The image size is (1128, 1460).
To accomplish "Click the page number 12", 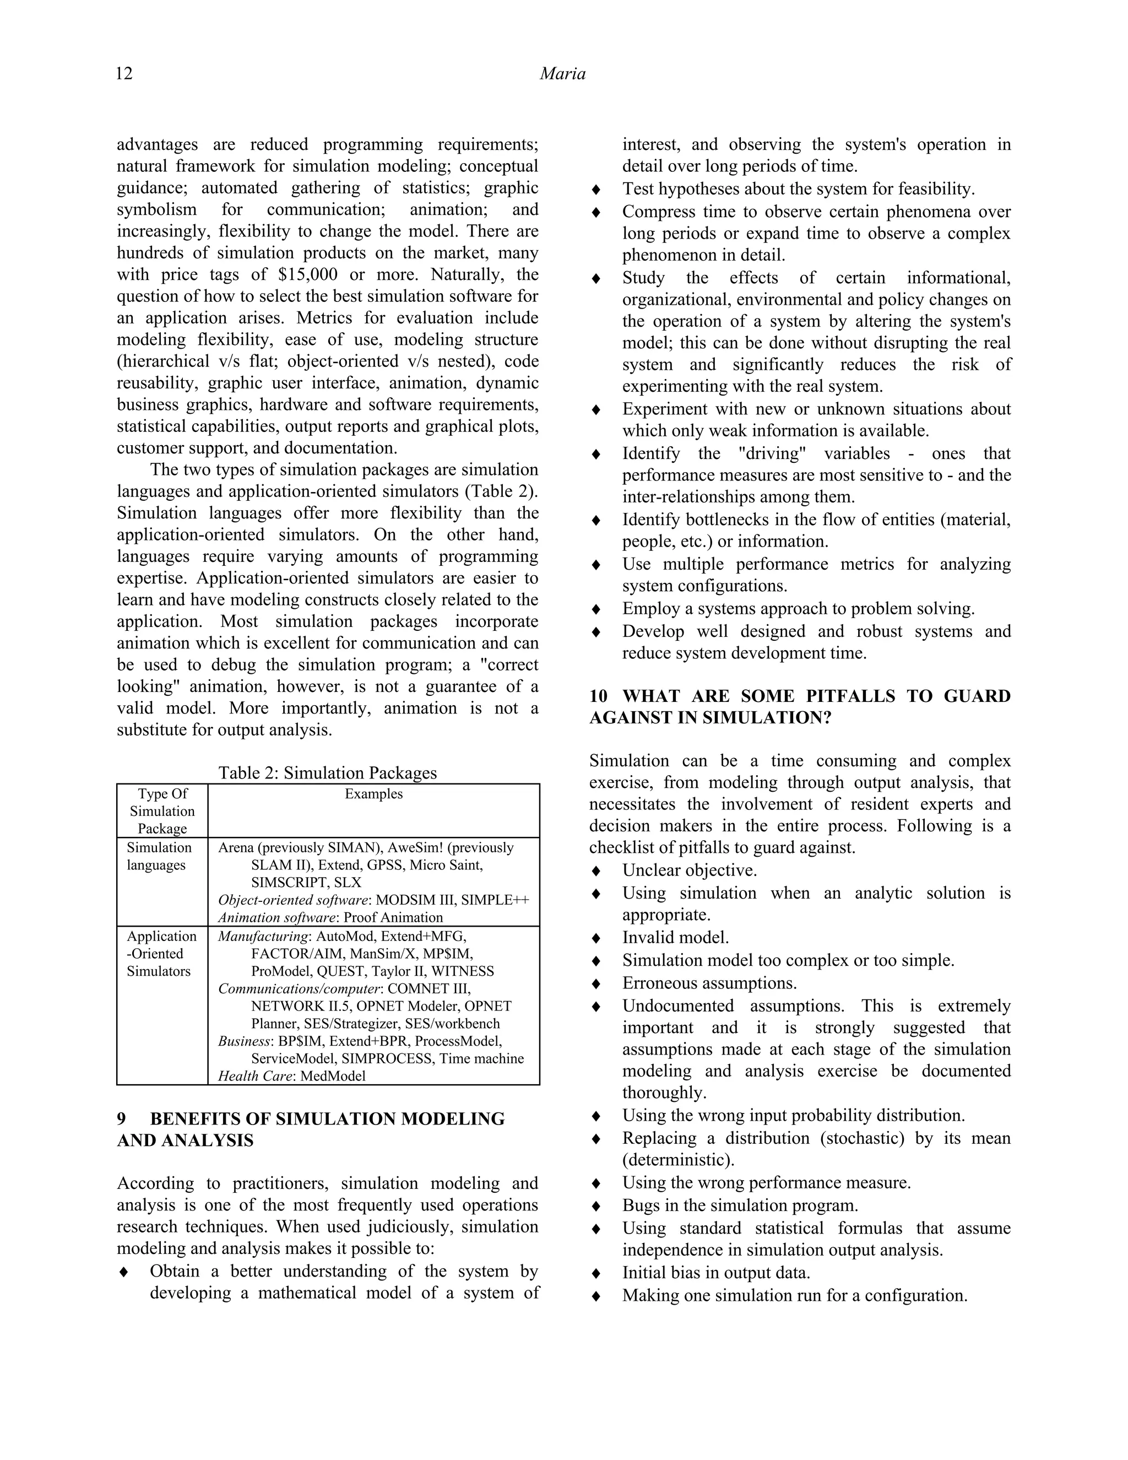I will click(x=124, y=73).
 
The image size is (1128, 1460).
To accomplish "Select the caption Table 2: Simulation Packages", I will click(x=328, y=773).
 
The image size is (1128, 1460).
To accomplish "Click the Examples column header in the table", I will click(x=373, y=793).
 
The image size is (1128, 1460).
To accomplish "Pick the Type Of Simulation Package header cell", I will click(x=162, y=811).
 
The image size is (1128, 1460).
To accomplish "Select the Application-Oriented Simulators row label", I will click(x=162, y=954).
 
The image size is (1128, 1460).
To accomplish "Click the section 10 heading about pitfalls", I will click(x=799, y=707).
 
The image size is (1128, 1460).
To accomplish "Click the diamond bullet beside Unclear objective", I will click(x=596, y=871).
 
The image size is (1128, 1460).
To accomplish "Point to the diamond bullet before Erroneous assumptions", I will click(x=596, y=984).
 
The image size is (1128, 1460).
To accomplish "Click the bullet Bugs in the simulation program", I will click(x=740, y=1205).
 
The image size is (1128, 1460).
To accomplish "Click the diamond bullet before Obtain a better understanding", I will click(x=123, y=1272).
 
